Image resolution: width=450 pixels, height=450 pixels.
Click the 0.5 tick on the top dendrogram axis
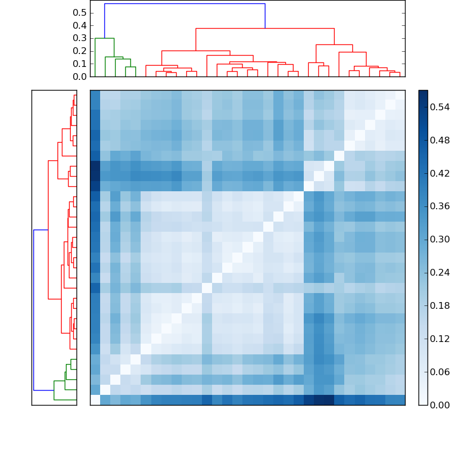point(80,12)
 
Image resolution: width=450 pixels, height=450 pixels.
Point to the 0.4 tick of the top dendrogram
point(80,25)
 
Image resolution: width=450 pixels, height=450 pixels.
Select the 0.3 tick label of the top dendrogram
point(80,38)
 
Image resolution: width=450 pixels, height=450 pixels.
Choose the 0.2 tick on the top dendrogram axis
point(80,51)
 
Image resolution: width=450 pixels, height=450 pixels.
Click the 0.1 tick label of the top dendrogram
point(80,64)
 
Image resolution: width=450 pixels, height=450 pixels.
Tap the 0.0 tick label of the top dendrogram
point(80,76)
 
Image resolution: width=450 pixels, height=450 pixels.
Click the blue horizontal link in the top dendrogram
point(184,4)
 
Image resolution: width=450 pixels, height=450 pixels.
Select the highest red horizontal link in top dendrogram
point(264,28)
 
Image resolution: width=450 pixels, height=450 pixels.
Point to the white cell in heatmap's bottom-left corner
point(95,400)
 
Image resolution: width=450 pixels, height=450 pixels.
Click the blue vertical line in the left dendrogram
point(34,310)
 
